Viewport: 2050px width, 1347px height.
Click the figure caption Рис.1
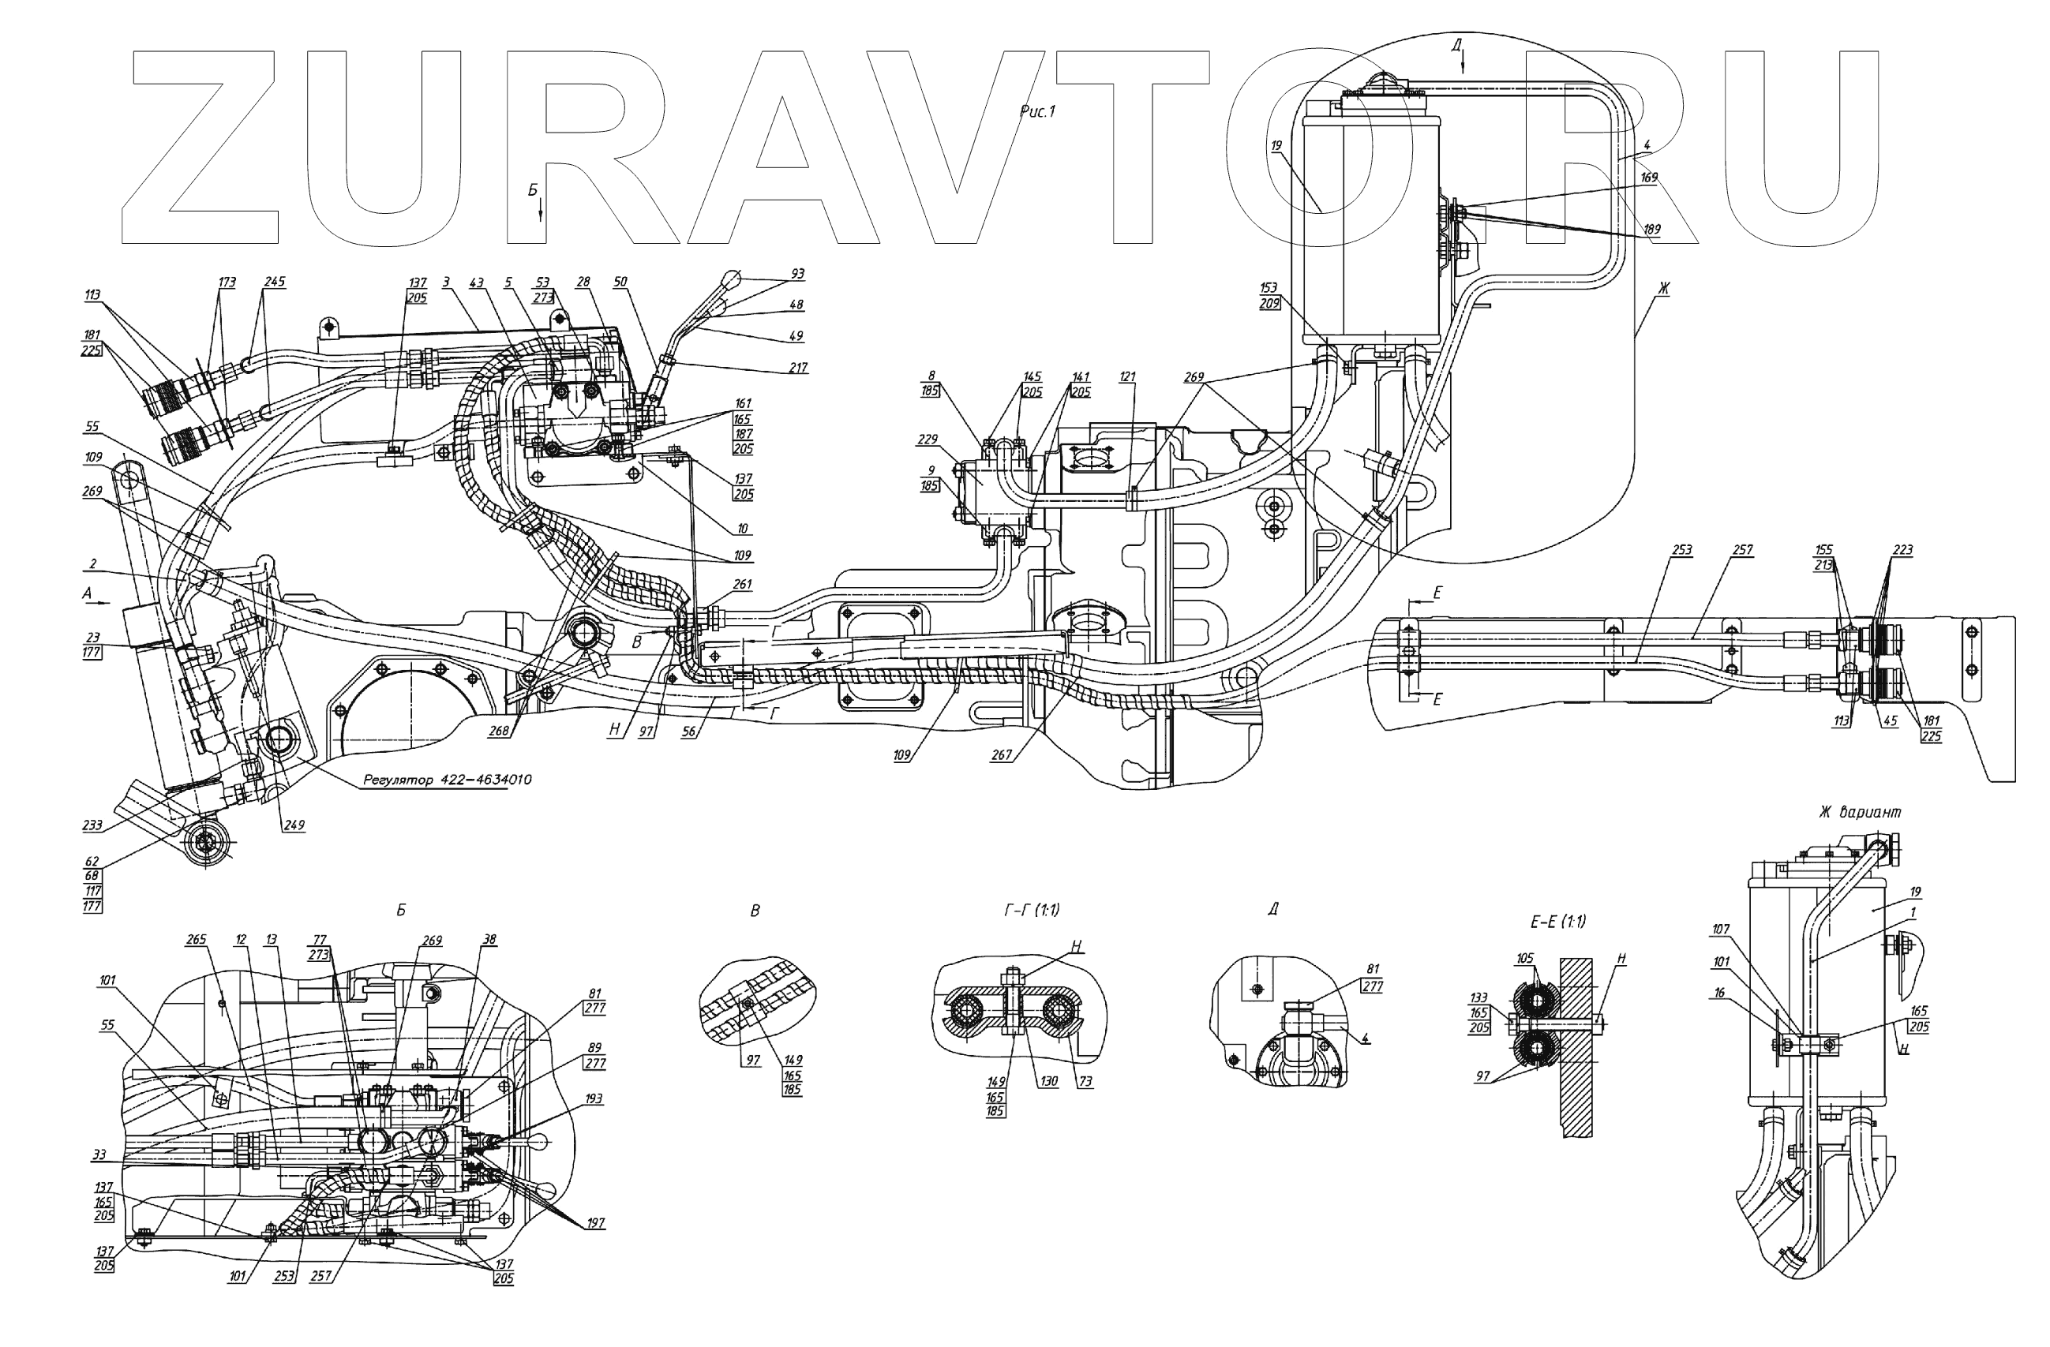click(1037, 111)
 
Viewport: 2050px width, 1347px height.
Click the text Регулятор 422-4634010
click(447, 780)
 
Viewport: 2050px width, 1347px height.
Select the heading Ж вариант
click(1860, 811)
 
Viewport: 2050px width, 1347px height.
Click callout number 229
click(927, 440)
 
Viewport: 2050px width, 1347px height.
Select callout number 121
click(1127, 376)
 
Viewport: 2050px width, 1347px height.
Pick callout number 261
click(743, 584)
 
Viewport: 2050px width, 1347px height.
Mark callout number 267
click(1001, 755)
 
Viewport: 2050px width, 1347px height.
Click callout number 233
click(92, 825)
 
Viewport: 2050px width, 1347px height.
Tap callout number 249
click(294, 825)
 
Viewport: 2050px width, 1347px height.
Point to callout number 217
click(799, 368)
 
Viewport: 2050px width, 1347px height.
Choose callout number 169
click(1649, 178)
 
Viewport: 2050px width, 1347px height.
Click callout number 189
click(1651, 229)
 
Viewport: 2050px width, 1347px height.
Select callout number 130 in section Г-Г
click(1047, 1082)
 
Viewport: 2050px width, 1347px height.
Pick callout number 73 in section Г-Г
click(1085, 1082)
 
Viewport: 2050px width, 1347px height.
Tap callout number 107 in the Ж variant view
click(1720, 930)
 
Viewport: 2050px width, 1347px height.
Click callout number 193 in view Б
click(594, 1099)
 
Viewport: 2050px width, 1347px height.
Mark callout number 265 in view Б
click(196, 940)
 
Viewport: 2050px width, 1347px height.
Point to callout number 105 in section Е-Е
click(1524, 959)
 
